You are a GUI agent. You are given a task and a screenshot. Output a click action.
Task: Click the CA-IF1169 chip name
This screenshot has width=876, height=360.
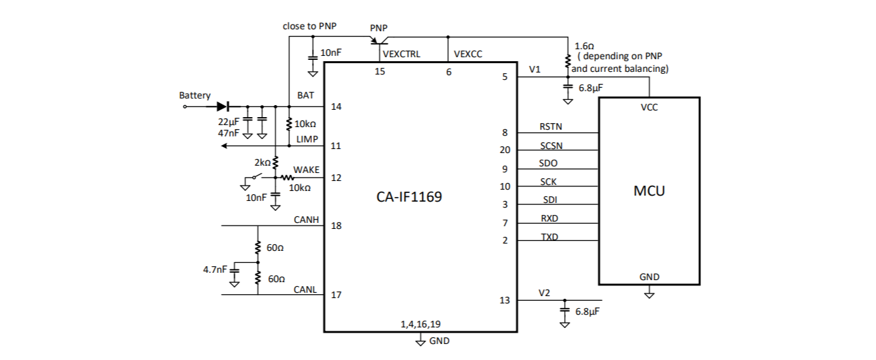(410, 197)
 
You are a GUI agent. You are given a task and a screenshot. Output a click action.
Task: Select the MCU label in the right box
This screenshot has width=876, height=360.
(649, 192)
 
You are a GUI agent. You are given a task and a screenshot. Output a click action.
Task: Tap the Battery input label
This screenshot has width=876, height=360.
(195, 96)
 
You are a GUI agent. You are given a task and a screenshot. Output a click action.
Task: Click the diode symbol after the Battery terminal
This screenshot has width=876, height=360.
(222, 106)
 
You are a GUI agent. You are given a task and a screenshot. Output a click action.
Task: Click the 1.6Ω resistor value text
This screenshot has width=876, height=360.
(584, 46)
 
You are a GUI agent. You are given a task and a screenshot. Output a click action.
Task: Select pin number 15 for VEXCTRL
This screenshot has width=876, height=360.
(380, 71)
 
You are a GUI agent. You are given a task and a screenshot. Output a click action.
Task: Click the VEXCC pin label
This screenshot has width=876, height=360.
(468, 54)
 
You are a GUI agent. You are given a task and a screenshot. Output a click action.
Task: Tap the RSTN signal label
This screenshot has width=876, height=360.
(550, 126)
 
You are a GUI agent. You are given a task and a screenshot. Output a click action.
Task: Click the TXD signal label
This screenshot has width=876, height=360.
(549, 237)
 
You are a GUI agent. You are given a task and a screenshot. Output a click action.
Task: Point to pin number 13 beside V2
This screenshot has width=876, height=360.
(505, 300)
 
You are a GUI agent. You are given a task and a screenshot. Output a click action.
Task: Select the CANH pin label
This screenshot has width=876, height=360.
(307, 220)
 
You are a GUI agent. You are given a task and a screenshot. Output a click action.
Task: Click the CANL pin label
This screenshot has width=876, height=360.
(305, 289)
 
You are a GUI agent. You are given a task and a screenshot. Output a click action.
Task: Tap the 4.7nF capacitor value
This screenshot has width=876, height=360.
(215, 270)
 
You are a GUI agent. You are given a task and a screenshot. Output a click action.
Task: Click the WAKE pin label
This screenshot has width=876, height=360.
(306, 170)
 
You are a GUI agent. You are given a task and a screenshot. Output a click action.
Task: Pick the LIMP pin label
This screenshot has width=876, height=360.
(307, 139)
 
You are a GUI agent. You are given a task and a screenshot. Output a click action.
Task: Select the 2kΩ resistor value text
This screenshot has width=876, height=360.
(263, 162)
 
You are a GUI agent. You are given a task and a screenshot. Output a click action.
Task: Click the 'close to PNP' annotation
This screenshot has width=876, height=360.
(310, 26)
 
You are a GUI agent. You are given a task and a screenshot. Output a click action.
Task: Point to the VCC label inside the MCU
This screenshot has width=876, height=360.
(649, 107)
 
